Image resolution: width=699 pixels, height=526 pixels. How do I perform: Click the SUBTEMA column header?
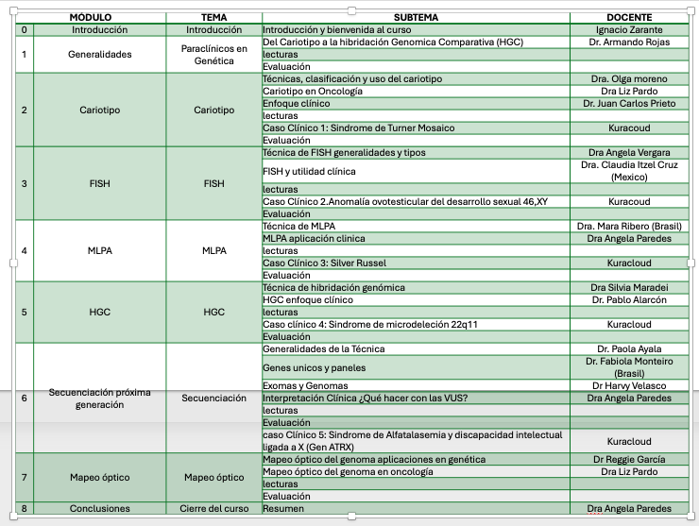click(x=416, y=18)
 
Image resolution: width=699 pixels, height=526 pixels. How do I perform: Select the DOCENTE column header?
click(x=628, y=18)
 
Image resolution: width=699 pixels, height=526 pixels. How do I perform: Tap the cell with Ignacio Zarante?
click(x=628, y=30)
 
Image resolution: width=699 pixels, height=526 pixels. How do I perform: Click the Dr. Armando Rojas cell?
click(x=628, y=42)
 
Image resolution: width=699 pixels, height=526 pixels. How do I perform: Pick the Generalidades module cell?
click(x=99, y=55)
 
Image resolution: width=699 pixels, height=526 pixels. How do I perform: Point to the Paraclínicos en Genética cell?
click(x=214, y=55)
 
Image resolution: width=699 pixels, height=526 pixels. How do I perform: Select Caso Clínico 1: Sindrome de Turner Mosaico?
click(x=358, y=127)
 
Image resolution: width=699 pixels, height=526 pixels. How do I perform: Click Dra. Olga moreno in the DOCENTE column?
click(x=628, y=79)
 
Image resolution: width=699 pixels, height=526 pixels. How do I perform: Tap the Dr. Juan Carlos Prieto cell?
click(x=628, y=104)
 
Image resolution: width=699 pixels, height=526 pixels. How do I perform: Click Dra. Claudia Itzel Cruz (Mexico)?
click(x=628, y=171)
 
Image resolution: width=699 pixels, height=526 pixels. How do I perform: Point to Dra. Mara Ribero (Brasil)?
click(x=628, y=227)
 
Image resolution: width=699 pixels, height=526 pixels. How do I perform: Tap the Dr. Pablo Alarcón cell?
click(x=628, y=300)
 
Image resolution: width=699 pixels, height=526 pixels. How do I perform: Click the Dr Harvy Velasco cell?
click(x=628, y=385)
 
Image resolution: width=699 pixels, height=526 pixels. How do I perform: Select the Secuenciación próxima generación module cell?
click(x=99, y=398)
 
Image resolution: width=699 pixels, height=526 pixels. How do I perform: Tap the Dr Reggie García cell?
click(x=628, y=459)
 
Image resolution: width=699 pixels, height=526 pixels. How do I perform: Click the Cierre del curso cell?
click(x=214, y=508)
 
